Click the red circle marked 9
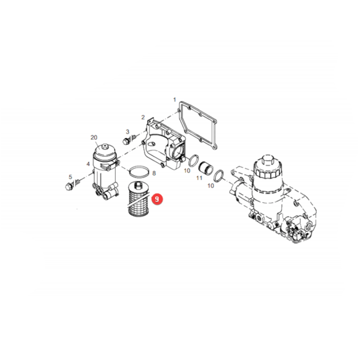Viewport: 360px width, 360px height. click(x=157, y=199)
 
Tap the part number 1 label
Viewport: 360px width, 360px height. click(x=175, y=100)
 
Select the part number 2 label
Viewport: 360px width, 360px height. click(x=143, y=118)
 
